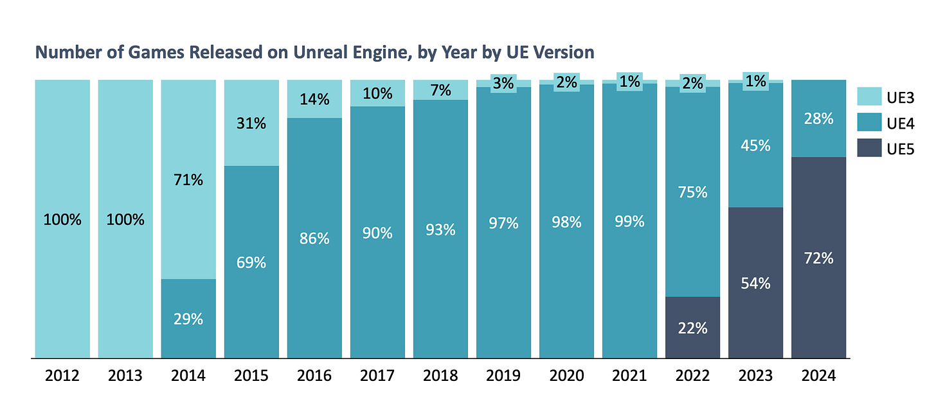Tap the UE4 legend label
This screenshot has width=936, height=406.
tap(900, 124)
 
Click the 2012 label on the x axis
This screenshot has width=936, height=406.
tap(62, 376)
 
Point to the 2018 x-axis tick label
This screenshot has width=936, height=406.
tap(440, 376)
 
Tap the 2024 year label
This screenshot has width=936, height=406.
tap(818, 376)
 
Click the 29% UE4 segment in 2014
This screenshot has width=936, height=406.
tap(188, 318)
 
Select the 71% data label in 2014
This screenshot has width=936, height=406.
tap(188, 180)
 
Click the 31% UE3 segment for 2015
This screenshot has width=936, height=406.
tap(251, 123)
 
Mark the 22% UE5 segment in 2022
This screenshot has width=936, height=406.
tap(692, 328)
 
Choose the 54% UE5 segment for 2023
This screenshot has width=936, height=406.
tap(755, 283)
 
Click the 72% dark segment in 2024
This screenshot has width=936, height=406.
tap(818, 258)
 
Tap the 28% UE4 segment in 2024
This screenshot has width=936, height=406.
tap(818, 118)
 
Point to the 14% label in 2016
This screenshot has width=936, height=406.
tap(314, 100)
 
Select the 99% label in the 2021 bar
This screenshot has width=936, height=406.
tap(629, 222)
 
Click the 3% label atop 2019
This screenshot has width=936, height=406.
tap(503, 83)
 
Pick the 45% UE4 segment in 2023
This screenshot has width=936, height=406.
tap(755, 145)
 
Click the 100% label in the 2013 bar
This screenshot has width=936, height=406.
tap(125, 219)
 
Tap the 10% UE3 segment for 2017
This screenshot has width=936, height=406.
tap(377, 93)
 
